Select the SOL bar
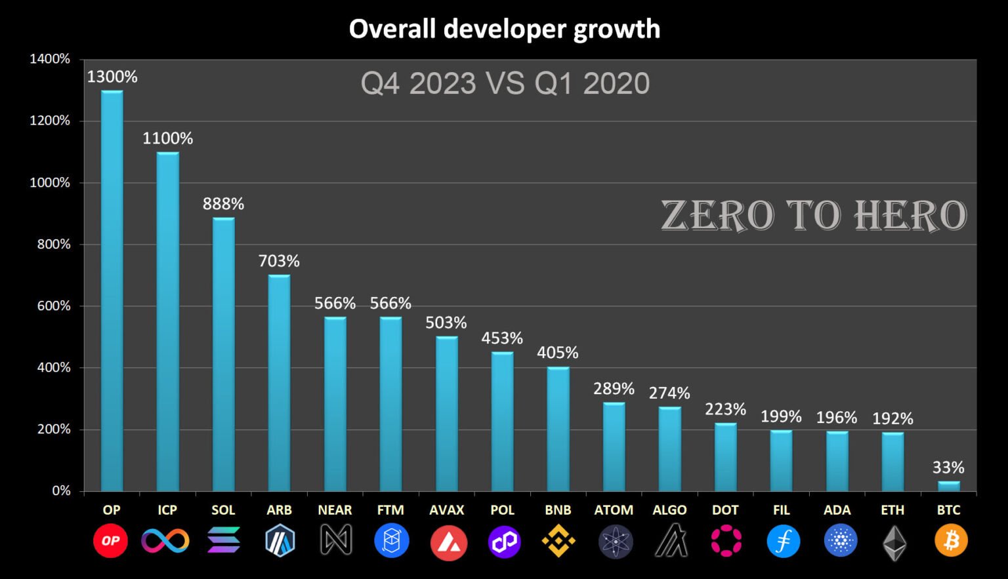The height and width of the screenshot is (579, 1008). pos(223,354)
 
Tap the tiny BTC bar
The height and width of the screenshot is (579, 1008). pos(948,486)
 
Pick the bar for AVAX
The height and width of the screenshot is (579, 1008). pos(447,414)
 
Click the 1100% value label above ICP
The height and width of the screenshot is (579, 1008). pos(168,138)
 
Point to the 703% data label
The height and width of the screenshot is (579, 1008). pos(279,261)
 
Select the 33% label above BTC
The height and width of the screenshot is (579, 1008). pos(948,468)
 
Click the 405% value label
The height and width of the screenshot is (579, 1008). pos(558,353)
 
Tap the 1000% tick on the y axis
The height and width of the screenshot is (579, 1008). pos(50,182)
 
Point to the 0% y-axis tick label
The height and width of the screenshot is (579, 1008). pos(61,491)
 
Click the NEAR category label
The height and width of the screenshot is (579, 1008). pos(335,510)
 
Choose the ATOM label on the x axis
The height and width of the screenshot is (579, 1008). pos(614,510)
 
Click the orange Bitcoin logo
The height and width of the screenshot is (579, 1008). pos(951,541)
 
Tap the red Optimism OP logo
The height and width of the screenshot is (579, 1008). pos(110,541)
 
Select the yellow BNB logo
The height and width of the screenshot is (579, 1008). pos(558,541)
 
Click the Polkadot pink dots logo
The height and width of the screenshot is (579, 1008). pos(726,541)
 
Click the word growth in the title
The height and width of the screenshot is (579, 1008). pos(617,30)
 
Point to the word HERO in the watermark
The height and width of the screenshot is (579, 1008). pos(910,216)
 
